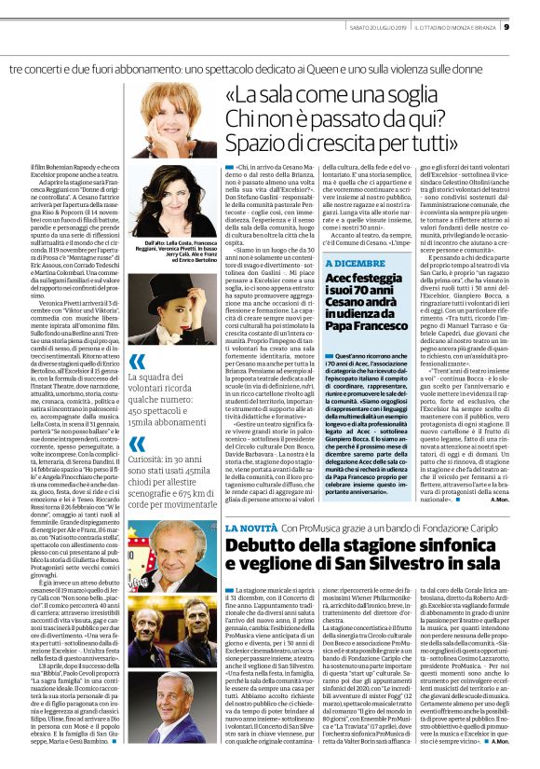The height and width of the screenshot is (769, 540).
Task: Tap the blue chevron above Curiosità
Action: (137, 460)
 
